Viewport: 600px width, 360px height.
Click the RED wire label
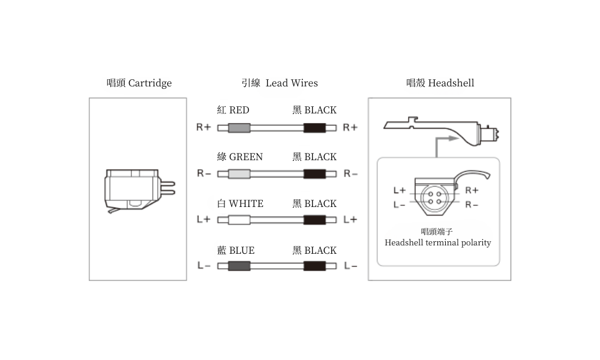click(233, 110)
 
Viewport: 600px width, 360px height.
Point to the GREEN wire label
click(240, 157)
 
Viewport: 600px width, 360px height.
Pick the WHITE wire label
click(241, 203)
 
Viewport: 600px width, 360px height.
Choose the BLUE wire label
click(236, 251)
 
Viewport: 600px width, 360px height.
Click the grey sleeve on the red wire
click(239, 128)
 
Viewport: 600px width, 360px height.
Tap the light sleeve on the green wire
click(239, 174)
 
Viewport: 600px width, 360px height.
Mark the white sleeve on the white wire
click(239, 220)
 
